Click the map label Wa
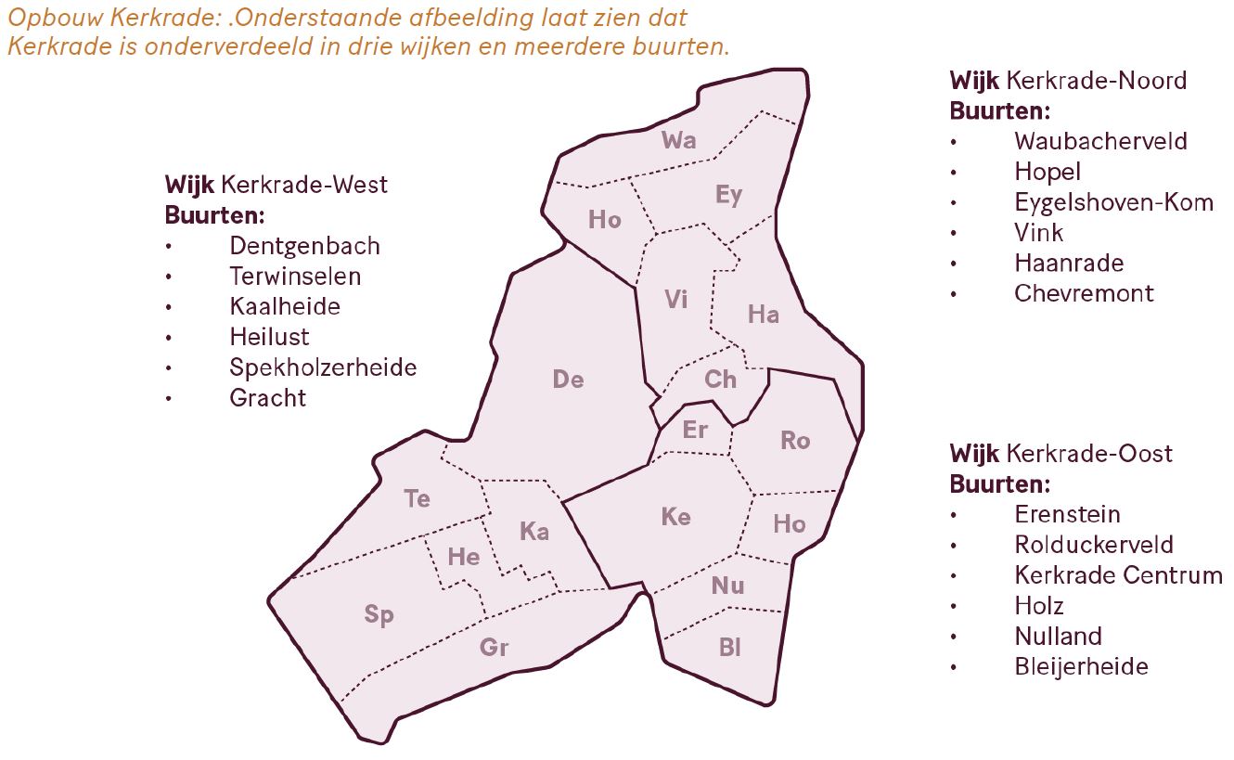coord(678,140)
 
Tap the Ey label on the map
coord(728,195)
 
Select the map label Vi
coord(676,300)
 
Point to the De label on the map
coord(568,380)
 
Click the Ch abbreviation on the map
coord(720,380)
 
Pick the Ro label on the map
coord(794,441)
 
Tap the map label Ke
coord(675,517)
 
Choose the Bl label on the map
coord(730,648)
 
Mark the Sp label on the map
coord(379,615)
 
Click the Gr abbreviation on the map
coord(494,648)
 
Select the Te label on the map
coord(417,499)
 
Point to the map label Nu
coord(727,586)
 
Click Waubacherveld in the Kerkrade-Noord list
coord(1100,141)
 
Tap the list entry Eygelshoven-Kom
coord(1113,202)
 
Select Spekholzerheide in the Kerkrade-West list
coord(323,367)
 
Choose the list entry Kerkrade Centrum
coord(1118,575)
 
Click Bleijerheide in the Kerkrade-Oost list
coord(1081,666)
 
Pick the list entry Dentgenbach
coord(304,246)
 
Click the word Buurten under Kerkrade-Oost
coord(998,484)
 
